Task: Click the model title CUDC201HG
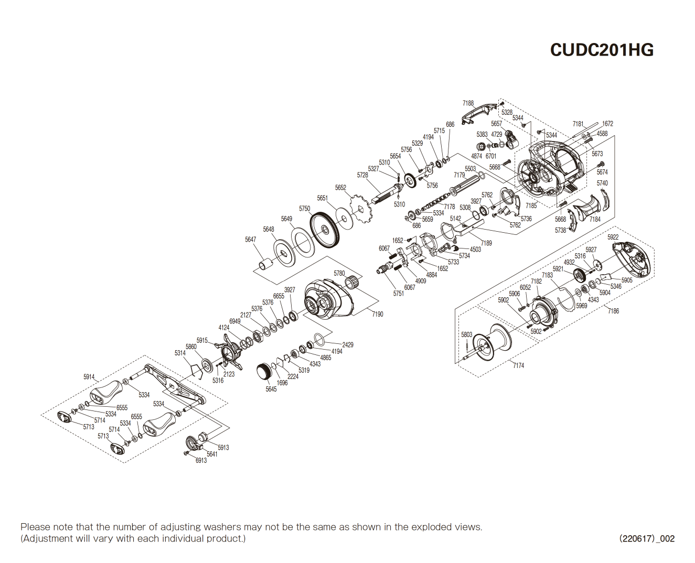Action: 602,50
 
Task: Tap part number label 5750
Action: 304,209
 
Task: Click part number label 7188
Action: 468,103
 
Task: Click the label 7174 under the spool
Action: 518,365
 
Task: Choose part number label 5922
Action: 613,237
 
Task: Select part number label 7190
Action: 377,314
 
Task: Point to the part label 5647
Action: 251,240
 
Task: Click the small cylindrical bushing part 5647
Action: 265,264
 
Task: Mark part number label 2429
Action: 347,344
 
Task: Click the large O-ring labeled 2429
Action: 320,339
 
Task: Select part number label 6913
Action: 201,461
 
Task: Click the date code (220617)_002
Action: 647,538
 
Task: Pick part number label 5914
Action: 89,377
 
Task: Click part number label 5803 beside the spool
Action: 467,334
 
